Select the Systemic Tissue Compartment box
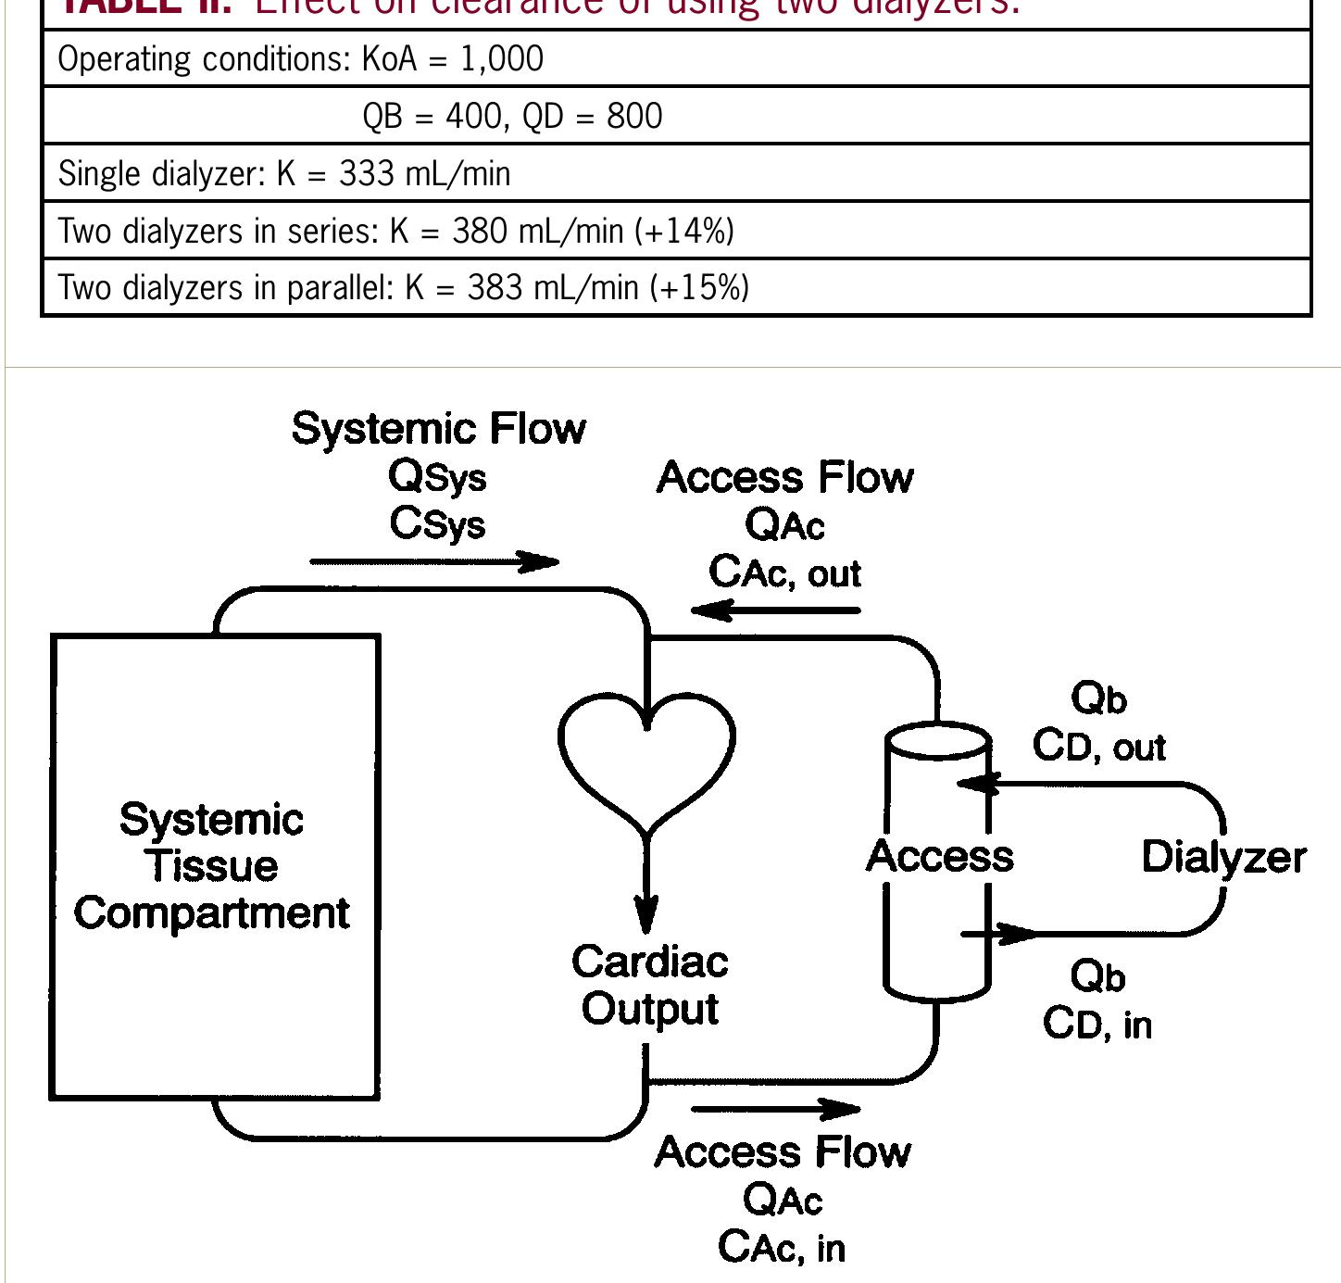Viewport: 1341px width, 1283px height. tap(214, 866)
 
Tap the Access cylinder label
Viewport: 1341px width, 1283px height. tap(939, 856)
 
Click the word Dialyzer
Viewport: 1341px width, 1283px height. tap(1223, 857)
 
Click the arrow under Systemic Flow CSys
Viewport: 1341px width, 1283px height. tap(435, 561)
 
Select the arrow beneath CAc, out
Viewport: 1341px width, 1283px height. tap(775, 610)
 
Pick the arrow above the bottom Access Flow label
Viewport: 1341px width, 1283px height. tap(775, 1108)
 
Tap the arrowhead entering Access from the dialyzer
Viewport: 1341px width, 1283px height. tap(977, 784)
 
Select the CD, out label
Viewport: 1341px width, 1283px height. tap(1099, 747)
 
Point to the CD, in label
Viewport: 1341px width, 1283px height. tap(1097, 1025)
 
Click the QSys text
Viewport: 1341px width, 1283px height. tap(437, 477)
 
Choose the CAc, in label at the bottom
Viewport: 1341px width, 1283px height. tap(782, 1247)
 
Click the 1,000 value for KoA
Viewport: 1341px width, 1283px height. tap(501, 59)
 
